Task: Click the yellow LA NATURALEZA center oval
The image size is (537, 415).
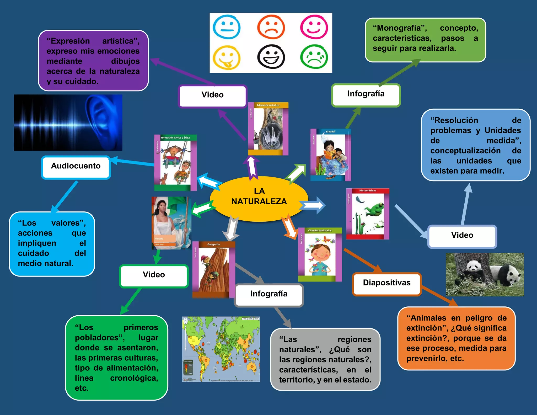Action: click(x=259, y=199)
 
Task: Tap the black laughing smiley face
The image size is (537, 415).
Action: click(x=271, y=57)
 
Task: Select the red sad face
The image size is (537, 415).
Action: click(x=271, y=27)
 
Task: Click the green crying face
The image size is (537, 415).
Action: click(x=314, y=57)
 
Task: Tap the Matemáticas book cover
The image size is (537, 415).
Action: click(x=368, y=214)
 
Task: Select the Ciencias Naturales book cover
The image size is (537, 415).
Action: click(x=320, y=254)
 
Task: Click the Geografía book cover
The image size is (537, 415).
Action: click(x=213, y=270)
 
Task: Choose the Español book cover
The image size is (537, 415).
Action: click(x=330, y=155)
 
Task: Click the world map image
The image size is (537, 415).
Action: click(x=221, y=349)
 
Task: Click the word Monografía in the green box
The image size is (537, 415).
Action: click(x=400, y=28)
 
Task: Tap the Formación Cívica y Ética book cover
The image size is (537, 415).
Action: click(x=175, y=163)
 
